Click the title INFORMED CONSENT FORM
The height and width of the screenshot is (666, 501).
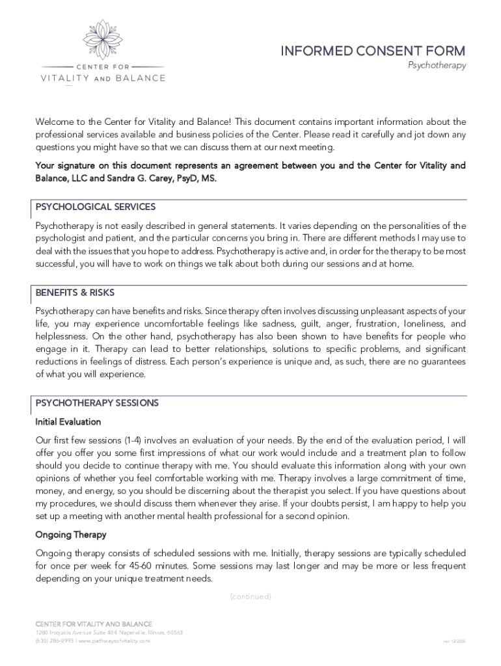tap(373, 51)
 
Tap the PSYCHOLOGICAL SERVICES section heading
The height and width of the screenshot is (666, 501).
tap(96, 207)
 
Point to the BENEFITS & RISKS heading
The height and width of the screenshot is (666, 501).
tap(75, 293)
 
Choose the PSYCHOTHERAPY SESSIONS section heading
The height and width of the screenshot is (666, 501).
tap(97, 403)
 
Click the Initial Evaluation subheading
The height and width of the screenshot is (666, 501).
tap(68, 421)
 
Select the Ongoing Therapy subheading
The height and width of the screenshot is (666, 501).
tap(71, 535)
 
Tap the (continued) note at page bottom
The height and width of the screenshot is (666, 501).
tap(251, 596)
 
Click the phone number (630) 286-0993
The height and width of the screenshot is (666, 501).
tap(54, 641)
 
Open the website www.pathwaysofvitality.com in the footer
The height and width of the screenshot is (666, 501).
tap(115, 641)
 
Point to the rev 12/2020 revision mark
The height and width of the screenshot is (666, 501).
tap(454, 642)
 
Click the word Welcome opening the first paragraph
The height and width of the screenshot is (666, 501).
tap(55, 122)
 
